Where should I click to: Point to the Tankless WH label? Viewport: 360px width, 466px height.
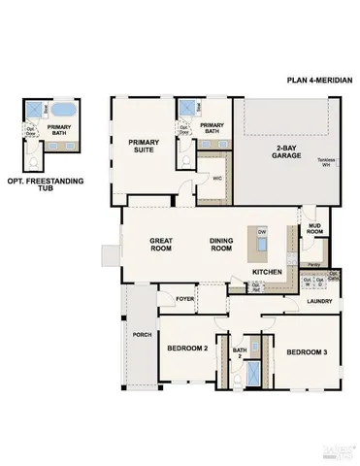[x=332, y=165]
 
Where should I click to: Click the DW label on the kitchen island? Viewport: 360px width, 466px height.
[x=262, y=233]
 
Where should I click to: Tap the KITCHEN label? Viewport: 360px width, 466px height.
[x=268, y=273]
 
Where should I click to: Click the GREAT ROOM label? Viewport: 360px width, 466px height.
[x=161, y=245]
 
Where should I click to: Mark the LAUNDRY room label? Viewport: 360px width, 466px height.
[x=318, y=301]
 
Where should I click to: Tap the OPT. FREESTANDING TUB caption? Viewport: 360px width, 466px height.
[x=45, y=185]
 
